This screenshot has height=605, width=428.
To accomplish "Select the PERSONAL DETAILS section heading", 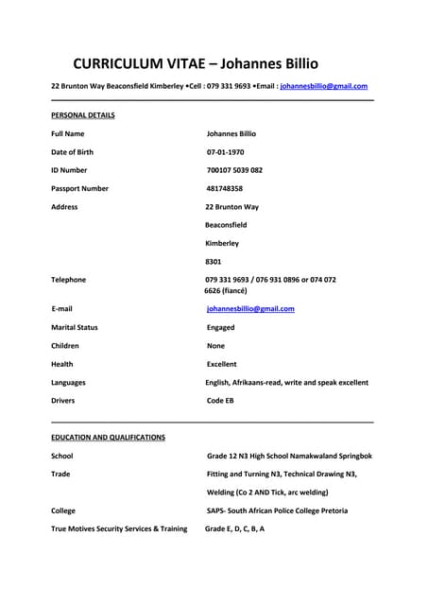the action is pos(83,115).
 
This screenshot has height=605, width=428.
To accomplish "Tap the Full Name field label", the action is pos(68,134).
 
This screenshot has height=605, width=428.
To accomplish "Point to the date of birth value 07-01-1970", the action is pos(226,152).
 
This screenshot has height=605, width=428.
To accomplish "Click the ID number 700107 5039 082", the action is pos(234,170).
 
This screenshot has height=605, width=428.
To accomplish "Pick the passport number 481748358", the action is pos(225,188).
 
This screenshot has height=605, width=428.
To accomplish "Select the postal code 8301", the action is pos(214,261).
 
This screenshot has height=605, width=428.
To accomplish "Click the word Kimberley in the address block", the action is pos(222,243).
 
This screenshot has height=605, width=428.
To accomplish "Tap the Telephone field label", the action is pos(69,280).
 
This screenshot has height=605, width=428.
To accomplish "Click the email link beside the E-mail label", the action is pos(250,309).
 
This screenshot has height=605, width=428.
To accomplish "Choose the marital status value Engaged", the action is pos(221,327).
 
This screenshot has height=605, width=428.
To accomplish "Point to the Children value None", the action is pos(216,346).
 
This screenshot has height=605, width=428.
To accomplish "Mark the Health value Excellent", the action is pos(222,364).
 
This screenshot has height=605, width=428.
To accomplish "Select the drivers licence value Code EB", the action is pos(220,401).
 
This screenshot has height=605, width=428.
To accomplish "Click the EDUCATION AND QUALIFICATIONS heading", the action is pos(108,438).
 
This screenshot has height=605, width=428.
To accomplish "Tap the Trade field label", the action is pos(60,474).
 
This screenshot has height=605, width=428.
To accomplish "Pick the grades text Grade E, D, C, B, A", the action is pos(234,528).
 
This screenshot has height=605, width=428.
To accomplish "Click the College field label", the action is pos(63,510).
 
